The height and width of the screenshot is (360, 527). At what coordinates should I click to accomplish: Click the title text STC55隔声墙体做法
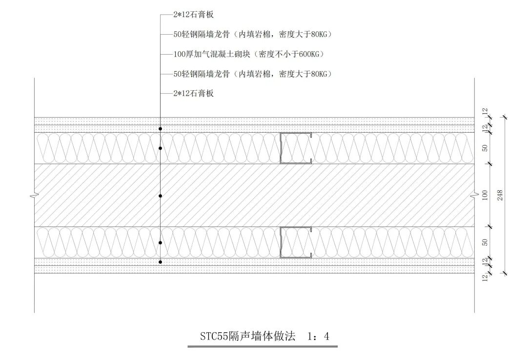tap(247, 336)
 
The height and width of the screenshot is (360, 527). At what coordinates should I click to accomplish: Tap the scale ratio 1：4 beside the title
tap(319, 336)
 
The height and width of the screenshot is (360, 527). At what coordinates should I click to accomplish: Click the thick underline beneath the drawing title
tap(263, 347)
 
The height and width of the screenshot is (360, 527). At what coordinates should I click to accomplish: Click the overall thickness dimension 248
tap(500, 195)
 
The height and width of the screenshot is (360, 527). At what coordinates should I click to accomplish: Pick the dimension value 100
tap(485, 195)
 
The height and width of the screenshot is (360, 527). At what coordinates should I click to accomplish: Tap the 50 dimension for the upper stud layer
tap(485, 148)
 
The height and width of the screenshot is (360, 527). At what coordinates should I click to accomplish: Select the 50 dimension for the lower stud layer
tap(485, 242)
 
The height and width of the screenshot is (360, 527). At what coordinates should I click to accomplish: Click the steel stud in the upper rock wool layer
tap(296, 148)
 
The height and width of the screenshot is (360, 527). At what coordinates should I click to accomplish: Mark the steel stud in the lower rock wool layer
tap(296, 242)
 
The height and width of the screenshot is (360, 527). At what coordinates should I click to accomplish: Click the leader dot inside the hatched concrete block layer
tap(160, 196)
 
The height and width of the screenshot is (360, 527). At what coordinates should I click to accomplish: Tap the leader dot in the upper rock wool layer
tap(160, 148)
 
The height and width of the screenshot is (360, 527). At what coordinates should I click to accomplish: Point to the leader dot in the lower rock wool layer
tap(160, 242)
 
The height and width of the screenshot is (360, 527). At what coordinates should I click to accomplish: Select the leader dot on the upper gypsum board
tap(160, 129)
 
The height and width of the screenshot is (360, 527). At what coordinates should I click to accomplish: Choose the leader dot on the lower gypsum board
tap(160, 262)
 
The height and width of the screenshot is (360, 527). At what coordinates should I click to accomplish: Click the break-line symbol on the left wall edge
tap(34, 196)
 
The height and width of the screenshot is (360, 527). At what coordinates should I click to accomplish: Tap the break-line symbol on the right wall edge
tap(474, 196)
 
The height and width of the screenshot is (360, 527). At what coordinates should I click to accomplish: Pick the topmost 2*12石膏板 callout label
tap(193, 15)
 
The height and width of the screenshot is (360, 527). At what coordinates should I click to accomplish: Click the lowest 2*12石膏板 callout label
tap(193, 93)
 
